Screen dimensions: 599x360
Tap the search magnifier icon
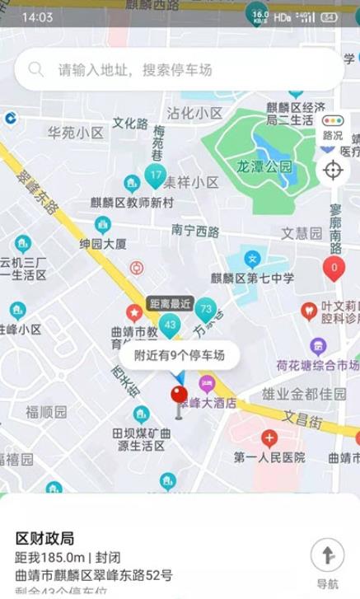36,70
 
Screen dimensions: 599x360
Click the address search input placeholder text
134,70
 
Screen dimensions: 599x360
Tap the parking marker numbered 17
156,175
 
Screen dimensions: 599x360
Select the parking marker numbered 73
206,310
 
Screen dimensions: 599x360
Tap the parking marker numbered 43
171,325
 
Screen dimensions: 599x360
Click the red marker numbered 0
333,267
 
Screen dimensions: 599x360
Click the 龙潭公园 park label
264,166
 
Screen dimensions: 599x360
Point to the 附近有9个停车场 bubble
179,356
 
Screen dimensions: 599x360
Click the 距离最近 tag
170,303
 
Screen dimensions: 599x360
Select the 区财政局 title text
45,538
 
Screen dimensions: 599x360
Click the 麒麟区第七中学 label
252,278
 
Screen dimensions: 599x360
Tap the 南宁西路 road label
195,229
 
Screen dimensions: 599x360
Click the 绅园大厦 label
103,244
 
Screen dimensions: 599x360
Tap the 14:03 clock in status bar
37,17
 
